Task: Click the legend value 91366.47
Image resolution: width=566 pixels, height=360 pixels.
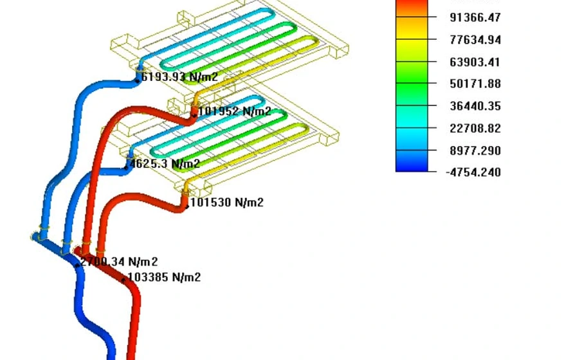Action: [477, 17]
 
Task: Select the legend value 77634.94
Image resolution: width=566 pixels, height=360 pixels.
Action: [477, 40]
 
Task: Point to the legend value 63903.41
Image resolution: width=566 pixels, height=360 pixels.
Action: [477, 62]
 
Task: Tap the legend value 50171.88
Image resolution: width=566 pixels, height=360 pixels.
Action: [477, 84]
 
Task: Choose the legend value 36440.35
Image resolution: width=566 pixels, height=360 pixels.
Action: [477, 106]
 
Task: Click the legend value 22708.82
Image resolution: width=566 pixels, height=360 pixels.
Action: [477, 129]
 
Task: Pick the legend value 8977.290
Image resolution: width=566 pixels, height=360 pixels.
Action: [477, 151]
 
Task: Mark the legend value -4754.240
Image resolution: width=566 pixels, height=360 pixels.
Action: [474, 172]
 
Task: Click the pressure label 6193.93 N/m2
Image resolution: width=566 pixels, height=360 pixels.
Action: [179, 78]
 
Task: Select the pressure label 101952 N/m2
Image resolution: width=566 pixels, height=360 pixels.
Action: [235, 111]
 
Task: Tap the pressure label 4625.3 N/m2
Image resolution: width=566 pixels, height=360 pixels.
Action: [165, 164]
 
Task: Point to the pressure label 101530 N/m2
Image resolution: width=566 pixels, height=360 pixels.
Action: [227, 203]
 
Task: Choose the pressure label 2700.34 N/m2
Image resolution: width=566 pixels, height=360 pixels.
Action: [119, 262]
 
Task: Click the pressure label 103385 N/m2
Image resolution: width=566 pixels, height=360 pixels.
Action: [165, 278]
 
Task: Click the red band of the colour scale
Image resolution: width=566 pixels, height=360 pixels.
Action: [412, 6]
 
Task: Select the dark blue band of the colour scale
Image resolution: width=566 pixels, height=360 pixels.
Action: [412, 165]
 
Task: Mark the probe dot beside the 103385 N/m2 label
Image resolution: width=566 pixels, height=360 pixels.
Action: [124, 280]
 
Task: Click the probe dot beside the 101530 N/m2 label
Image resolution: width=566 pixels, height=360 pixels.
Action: [187, 206]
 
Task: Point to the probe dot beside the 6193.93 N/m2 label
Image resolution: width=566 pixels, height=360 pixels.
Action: [138, 80]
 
